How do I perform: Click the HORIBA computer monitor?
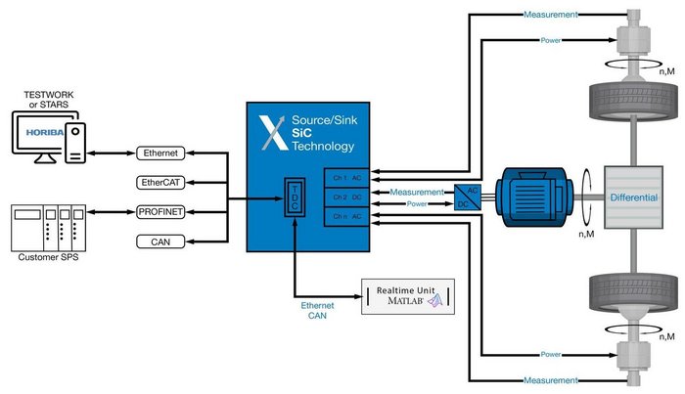36,135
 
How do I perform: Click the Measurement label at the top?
551,15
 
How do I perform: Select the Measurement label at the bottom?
551,380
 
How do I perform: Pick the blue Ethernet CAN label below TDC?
317,310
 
